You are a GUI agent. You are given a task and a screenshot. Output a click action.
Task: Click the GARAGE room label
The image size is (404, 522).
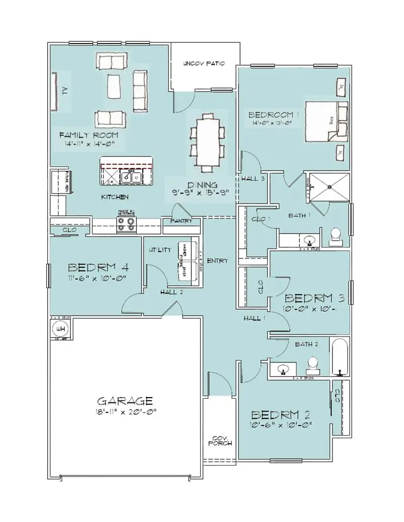click(x=125, y=400)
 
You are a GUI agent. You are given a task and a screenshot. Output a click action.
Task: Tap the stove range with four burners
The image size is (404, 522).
click(x=127, y=224)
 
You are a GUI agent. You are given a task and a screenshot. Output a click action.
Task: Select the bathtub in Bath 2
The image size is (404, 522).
click(x=341, y=358)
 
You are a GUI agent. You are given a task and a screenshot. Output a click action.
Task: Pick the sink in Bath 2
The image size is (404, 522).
click(x=283, y=370)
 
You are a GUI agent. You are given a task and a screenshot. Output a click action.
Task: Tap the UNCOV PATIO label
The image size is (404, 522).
click(x=204, y=64)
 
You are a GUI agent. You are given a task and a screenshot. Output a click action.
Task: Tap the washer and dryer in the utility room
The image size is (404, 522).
click(x=187, y=262)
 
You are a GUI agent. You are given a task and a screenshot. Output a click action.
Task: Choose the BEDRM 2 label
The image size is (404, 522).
click(x=282, y=415)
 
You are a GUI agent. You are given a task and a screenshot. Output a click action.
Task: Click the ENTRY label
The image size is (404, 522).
click(x=217, y=261)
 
